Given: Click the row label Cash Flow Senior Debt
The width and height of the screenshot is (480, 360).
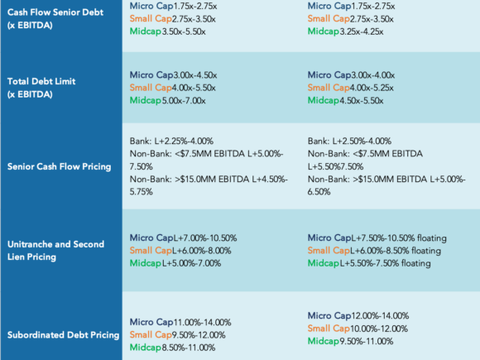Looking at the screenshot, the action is coord(55,19).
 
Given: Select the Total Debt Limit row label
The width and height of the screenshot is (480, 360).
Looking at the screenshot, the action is coord(41,88).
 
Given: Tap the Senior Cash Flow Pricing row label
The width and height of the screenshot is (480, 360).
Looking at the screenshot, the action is coord(59,166).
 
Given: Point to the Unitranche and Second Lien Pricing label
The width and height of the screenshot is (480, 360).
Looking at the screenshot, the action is coord(55,251).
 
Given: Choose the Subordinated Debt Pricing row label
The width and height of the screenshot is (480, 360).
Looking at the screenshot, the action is coord(63,335).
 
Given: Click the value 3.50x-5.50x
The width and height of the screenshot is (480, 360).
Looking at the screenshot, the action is coord(184,31).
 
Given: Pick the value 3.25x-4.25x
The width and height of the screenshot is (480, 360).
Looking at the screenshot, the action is coord(362,31).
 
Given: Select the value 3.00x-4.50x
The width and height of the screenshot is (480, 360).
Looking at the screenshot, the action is coord(195,75).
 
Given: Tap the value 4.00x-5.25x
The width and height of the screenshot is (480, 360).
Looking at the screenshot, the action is coord(372,88).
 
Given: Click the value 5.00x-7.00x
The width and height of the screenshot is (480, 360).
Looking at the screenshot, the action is coord(184,100).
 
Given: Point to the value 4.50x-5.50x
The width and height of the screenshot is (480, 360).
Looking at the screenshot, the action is coord(362,100).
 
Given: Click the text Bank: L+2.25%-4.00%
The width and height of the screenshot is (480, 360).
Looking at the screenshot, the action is coord(171,142).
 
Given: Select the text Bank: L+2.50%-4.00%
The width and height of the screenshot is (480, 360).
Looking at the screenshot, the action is coord(349,142).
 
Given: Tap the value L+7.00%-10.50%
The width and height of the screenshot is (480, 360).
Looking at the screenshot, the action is coord(205,238).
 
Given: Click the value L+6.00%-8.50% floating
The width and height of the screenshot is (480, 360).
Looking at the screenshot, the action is coord(396,251).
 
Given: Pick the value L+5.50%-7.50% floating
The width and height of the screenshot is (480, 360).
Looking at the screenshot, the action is coord(385,263).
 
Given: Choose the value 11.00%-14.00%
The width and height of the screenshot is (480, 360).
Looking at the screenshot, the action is coord(203,323).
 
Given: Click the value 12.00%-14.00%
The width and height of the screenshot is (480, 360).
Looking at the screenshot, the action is coord(380,315).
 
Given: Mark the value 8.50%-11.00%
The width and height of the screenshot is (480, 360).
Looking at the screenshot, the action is coord(189,348).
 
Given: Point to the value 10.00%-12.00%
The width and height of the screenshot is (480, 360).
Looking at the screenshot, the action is coord(379,329).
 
